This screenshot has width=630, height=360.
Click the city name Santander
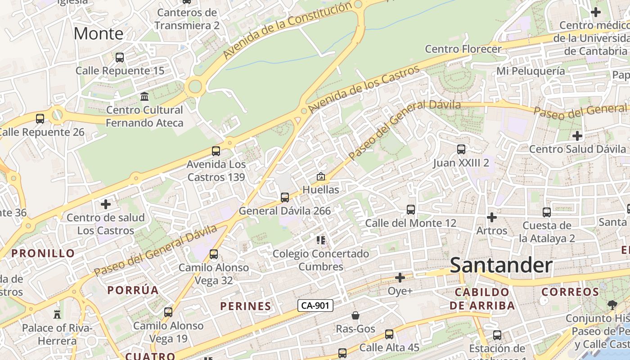click(x=501, y=265)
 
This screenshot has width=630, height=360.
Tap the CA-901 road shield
click(x=315, y=306)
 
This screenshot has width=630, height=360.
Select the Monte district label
click(x=98, y=33)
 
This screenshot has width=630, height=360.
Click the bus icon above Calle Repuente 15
click(x=120, y=58)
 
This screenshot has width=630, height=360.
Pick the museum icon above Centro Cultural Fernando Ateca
click(x=144, y=97)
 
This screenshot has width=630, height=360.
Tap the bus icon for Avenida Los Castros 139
click(x=216, y=151)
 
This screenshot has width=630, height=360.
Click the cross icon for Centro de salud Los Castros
click(x=106, y=205)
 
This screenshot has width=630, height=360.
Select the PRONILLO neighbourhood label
click(x=43, y=253)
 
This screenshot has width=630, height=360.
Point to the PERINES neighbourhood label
click(x=246, y=306)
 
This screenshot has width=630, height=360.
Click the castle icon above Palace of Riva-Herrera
click(x=57, y=314)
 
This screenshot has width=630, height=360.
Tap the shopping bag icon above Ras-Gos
click(x=355, y=315)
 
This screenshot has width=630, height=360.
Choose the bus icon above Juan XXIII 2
click(x=461, y=149)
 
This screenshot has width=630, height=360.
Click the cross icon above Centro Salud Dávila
click(x=577, y=135)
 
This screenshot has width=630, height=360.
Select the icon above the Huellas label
click(x=321, y=176)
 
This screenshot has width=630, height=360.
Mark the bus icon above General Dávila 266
click(x=285, y=198)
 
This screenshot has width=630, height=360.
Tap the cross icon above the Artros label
click(x=492, y=218)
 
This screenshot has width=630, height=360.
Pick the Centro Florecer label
click(x=463, y=49)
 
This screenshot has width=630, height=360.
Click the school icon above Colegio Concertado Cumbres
click(x=321, y=240)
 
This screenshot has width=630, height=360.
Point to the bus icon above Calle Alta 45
click(x=389, y=334)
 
